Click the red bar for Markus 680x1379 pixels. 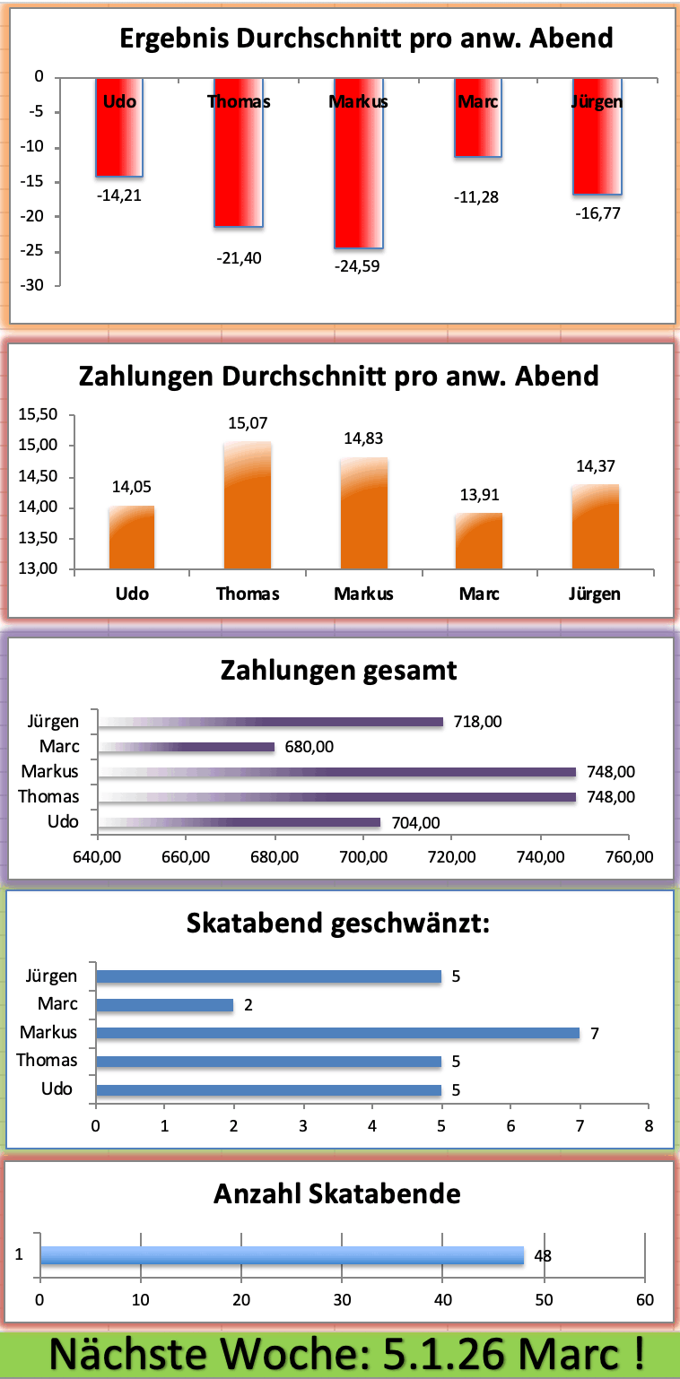pyautogui.click(x=358, y=170)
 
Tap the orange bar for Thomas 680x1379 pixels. pyautogui.click(x=248, y=507)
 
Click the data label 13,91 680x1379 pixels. pyautogui.click(x=478, y=495)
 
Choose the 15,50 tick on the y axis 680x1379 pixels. pyautogui.click(x=38, y=414)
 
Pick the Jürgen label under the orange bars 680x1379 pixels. pyautogui.click(x=594, y=594)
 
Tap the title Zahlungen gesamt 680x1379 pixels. pyautogui.click(x=339, y=671)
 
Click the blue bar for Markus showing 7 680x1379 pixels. pyautogui.click(x=337, y=1033)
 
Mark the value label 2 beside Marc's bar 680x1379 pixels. pyautogui.click(x=248, y=1005)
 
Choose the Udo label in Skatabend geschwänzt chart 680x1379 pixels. pyautogui.click(x=57, y=1088)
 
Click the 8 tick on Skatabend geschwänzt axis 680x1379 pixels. pyautogui.click(x=649, y=1125)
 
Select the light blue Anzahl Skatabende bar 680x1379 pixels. pyautogui.click(x=282, y=1255)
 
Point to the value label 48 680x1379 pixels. pyautogui.click(x=543, y=1256)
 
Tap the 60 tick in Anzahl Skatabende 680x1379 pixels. pyautogui.click(x=644, y=1300)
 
